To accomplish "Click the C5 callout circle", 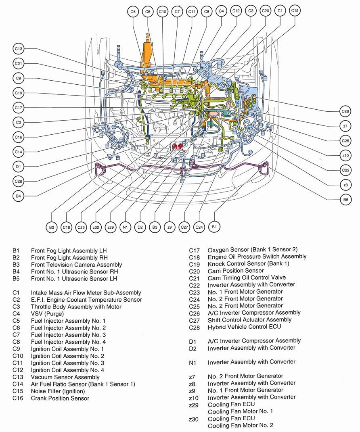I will point(133,12).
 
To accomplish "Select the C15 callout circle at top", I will point(295,11).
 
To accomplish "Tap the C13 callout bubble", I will point(19,49).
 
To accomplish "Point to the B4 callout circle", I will point(19,196).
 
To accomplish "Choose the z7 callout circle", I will point(345,126).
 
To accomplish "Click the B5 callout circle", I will point(345,199).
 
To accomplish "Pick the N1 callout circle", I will point(125,227).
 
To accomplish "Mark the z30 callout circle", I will point(96,227).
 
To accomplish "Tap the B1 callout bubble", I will point(214,227).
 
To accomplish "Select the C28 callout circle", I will point(345,111).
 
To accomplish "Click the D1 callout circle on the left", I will point(19,166).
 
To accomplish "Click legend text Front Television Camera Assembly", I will point(76,265).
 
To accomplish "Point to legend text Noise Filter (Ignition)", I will point(58,391).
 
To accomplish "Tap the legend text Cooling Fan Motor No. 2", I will point(240,426).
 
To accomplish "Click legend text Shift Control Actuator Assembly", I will point(249,320).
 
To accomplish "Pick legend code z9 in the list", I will point(192,390).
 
